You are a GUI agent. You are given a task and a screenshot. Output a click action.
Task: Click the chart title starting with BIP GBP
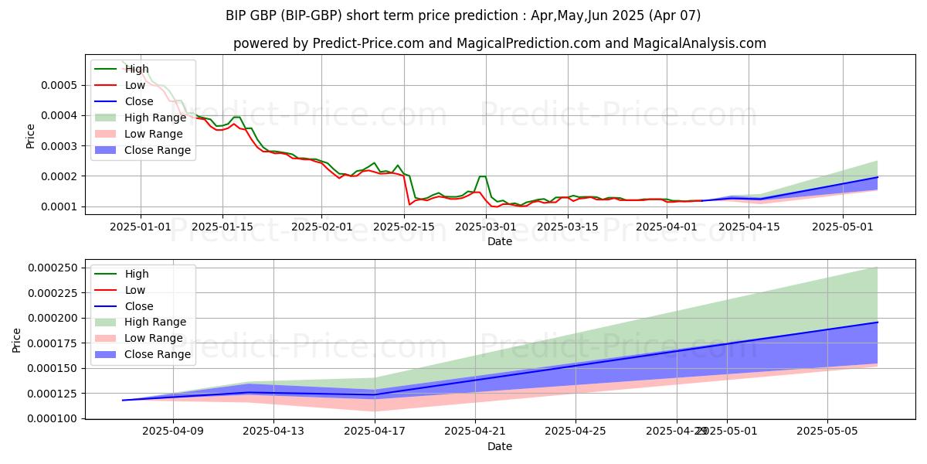pyautogui.click(x=463, y=15)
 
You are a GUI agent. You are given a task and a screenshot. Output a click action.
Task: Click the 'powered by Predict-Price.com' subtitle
pyautogui.click(x=499, y=43)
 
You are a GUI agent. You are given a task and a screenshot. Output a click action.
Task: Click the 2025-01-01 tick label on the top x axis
pyautogui.click(x=141, y=227)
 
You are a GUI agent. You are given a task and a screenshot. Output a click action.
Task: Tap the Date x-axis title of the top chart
pyautogui.click(x=499, y=241)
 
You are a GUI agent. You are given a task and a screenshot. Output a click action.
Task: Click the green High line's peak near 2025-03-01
pyautogui.click(x=482, y=176)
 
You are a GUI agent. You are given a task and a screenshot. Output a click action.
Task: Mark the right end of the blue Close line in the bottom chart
pyautogui.click(x=878, y=322)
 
